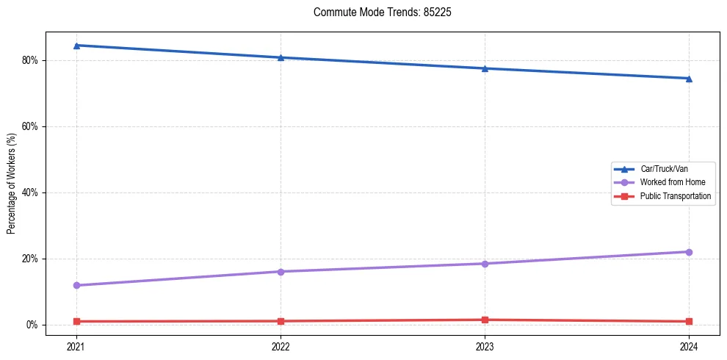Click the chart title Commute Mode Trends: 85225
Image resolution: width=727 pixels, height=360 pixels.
377,12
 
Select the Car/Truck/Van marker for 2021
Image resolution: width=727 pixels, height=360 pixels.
76,46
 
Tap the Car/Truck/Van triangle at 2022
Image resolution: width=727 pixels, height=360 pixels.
281,57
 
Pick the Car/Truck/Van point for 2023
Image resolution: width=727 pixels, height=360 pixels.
485,68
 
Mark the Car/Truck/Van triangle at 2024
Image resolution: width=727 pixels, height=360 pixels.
689,79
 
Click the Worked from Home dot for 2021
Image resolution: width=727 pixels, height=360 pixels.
76,285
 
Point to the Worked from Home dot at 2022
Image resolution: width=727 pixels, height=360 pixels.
281,272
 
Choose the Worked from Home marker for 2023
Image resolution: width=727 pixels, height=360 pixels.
485,264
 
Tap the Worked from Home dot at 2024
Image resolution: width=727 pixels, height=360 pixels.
689,252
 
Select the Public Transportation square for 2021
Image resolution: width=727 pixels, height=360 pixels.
76,321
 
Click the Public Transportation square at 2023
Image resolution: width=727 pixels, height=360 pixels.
485,320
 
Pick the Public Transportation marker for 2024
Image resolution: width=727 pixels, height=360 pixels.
689,321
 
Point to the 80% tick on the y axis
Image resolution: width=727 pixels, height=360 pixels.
30,60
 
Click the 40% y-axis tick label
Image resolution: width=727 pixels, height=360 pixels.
30,192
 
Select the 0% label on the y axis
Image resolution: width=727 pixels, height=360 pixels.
32,325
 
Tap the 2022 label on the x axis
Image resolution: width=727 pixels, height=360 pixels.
281,345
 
